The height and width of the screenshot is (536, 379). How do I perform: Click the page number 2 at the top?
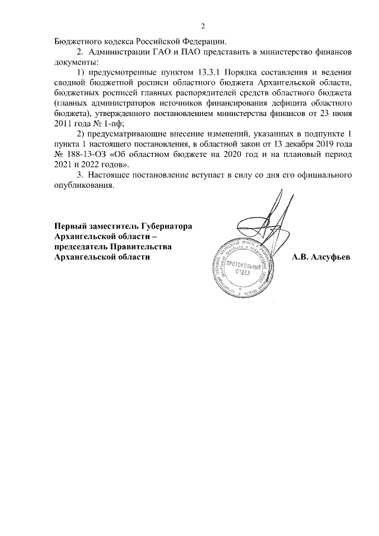[203, 26]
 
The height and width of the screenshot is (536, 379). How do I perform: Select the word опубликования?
[83, 185]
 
